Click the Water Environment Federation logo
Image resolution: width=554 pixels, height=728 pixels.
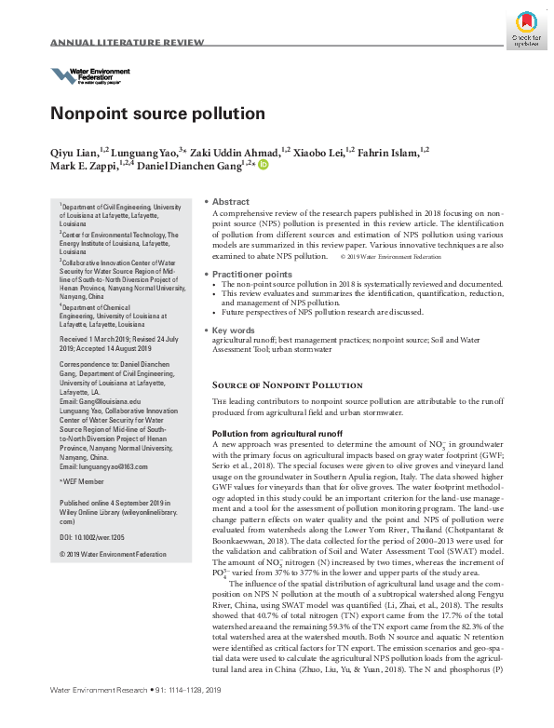[x=89, y=75]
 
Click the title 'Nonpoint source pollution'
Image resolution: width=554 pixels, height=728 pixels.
[x=156, y=115]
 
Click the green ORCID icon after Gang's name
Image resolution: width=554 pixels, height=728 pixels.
[x=263, y=166]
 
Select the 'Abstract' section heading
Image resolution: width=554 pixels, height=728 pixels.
[x=230, y=202]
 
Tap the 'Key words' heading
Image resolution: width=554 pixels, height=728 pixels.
[x=234, y=330]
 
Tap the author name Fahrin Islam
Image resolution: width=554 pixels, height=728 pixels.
[x=392, y=152]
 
